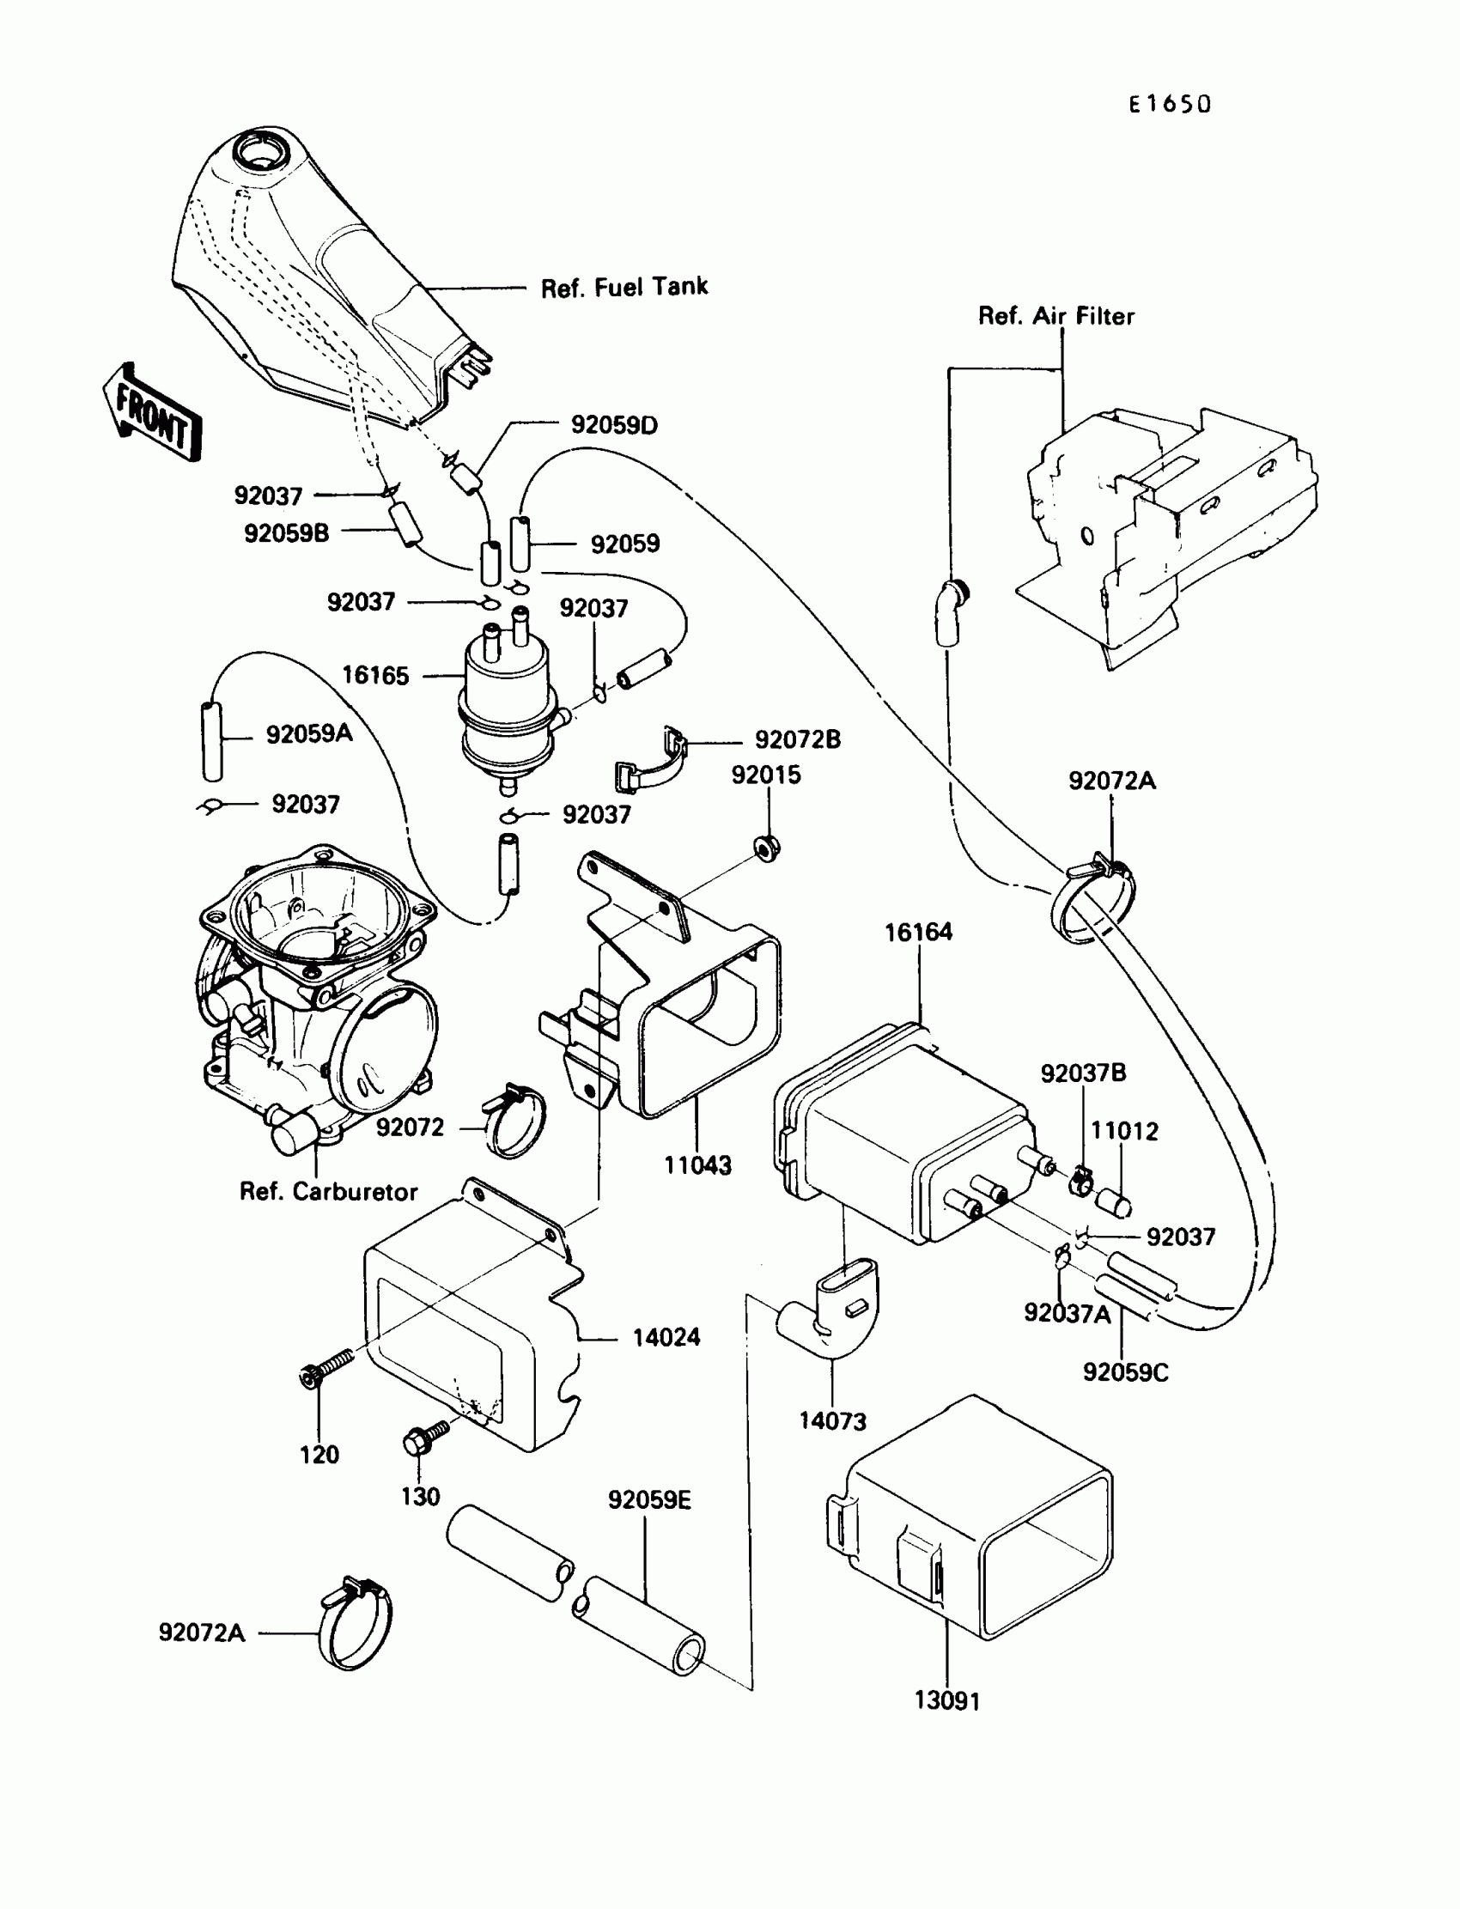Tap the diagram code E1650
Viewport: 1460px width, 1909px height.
tap(1169, 104)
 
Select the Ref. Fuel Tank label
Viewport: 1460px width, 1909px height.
tap(624, 288)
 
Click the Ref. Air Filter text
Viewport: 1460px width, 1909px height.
tap(1055, 315)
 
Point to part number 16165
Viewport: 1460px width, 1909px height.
tap(374, 675)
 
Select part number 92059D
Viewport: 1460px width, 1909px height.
tap(613, 425)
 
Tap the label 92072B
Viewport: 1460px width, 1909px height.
tap(797, 739)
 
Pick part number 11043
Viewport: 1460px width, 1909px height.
tap(697, 1165)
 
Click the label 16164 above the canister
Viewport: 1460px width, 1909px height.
tap(919, 933)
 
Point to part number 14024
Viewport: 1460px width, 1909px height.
tap(666, 1337)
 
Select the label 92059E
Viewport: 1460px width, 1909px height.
tap(649, 1500)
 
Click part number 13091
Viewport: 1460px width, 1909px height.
tap(947, 1701)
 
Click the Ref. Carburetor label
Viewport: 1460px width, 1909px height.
tap(328, 1191)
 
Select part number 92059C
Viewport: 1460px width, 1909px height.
tap(1125, 1373)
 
